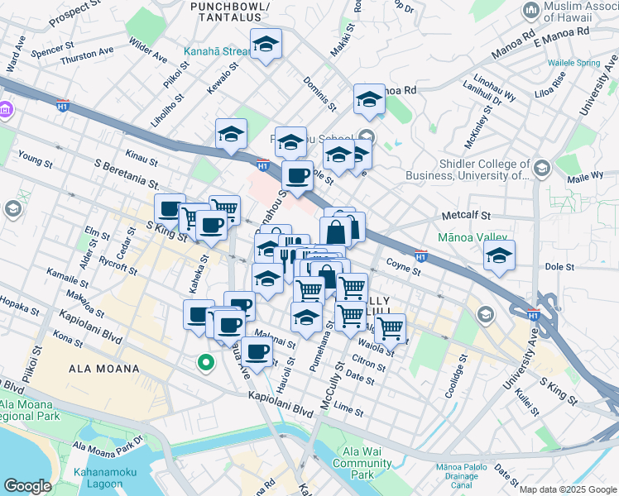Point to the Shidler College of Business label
pyautogui.click(x=468, y=169)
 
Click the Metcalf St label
pyautogui.click(x=466, y=217)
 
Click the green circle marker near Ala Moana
pyautogui.click(x=204, y=362)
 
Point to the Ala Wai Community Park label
pyautogui.click(x=362, y=463)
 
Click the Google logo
pyautogui.click(x=27, y=485)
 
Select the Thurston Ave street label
pyautogui.click(x=86, y=51)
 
